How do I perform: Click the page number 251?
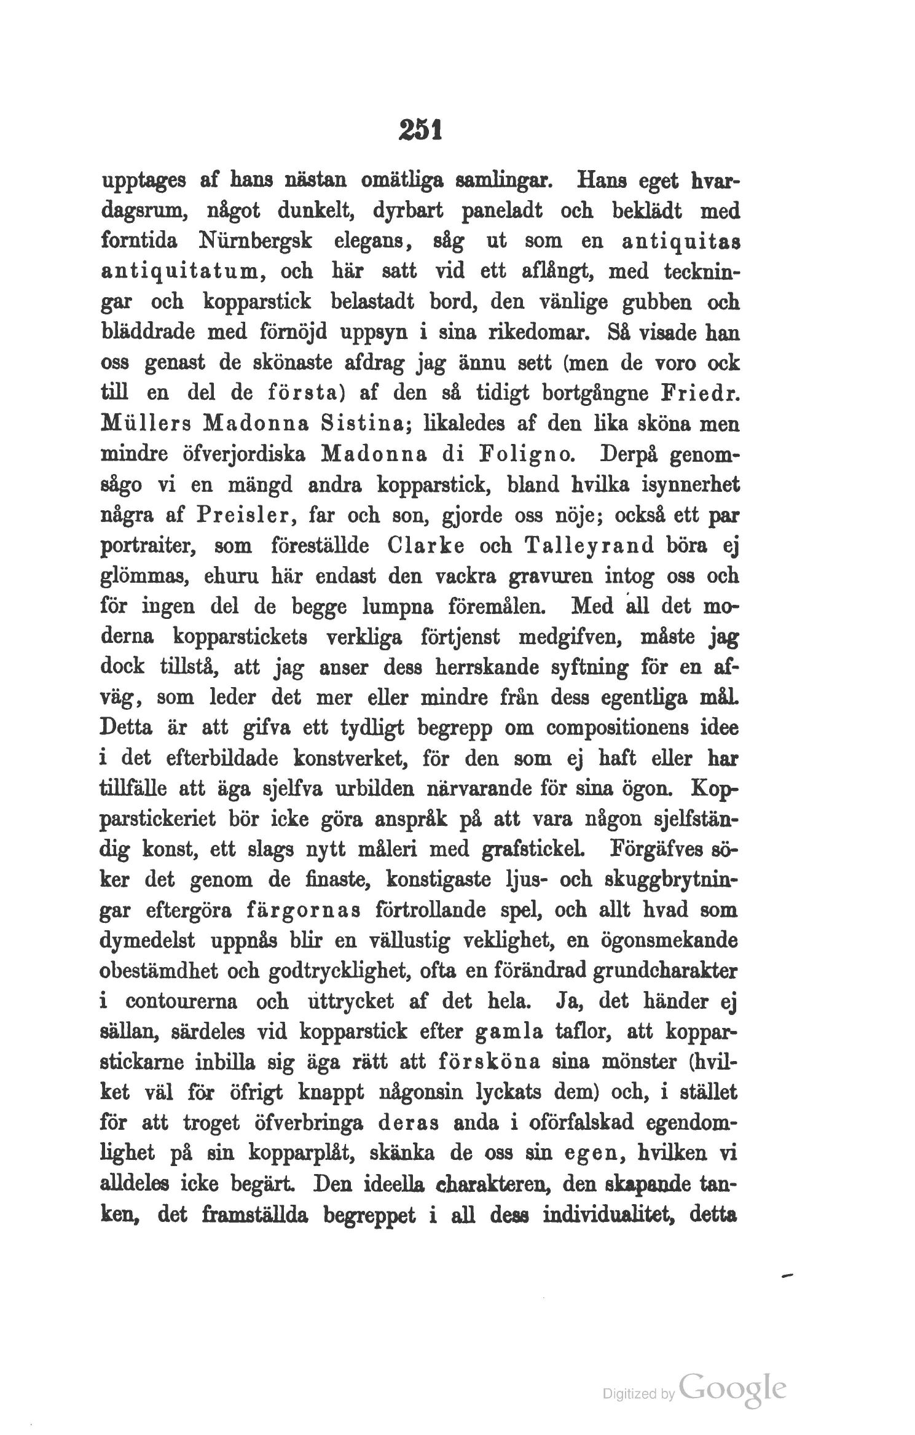click(421, 131)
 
